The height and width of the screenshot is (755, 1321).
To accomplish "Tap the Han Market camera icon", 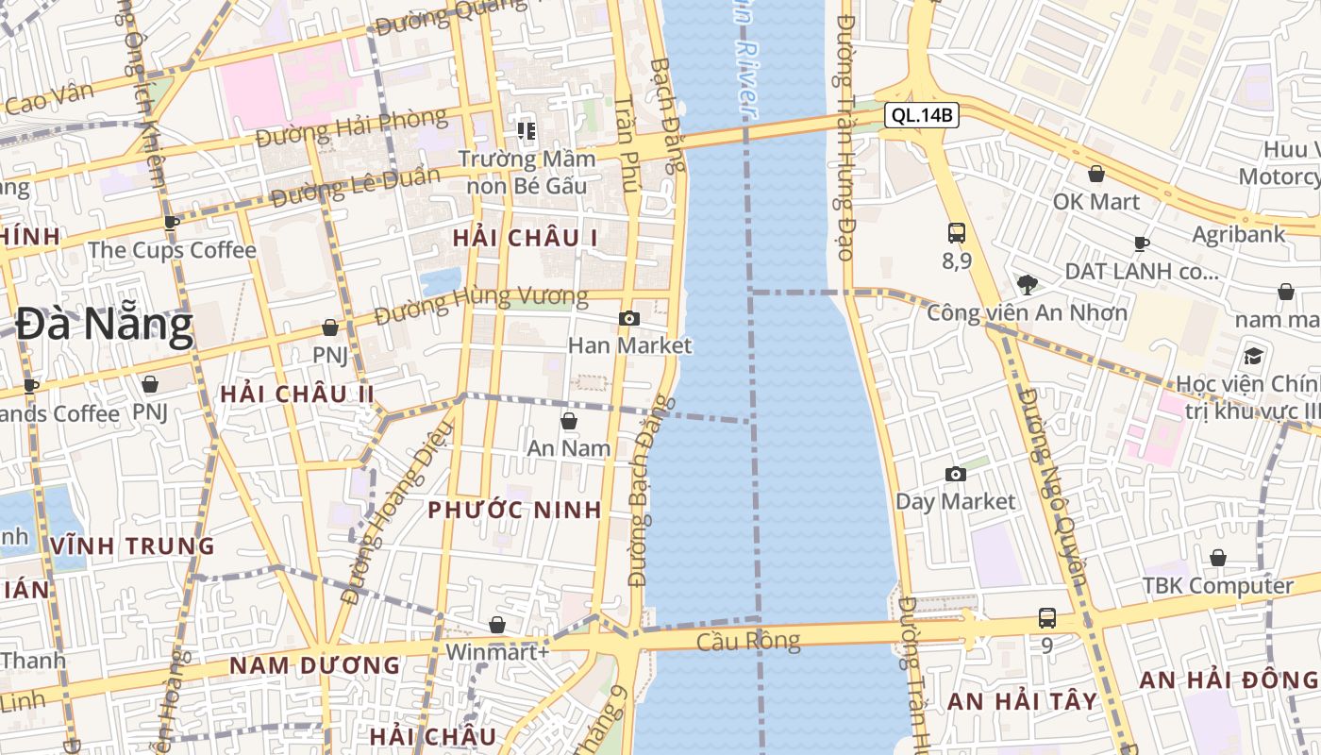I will pos(629,319).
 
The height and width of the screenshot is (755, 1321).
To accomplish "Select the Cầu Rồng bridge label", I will pos(748,642).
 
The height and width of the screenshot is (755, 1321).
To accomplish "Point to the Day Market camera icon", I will pos(956,474).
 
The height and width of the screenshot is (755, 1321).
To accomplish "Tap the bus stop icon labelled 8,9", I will pos(957,232).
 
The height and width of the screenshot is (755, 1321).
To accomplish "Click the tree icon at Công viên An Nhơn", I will pos(1027,283).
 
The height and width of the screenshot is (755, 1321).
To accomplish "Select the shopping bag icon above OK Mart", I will pos(1096,174).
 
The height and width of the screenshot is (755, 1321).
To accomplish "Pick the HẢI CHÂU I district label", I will pos(525,238).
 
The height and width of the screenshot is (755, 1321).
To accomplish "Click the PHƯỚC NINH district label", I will pos(514,510).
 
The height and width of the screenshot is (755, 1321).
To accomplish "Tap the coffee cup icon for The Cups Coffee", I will pos(171,224).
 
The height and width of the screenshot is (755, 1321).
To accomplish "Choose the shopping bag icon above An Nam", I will pos(569,421).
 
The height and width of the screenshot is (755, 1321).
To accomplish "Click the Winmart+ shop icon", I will pos(497,625).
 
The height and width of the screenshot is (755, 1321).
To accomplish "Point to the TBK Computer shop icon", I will pos(1218,558).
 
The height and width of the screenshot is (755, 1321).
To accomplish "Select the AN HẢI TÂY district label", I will pos(1023,701).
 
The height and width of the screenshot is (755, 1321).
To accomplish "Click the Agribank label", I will pos(1239,234).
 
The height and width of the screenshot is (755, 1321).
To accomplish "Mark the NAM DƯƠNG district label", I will pos(315,665).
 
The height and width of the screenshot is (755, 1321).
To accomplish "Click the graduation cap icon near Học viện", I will pos(1253,356).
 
